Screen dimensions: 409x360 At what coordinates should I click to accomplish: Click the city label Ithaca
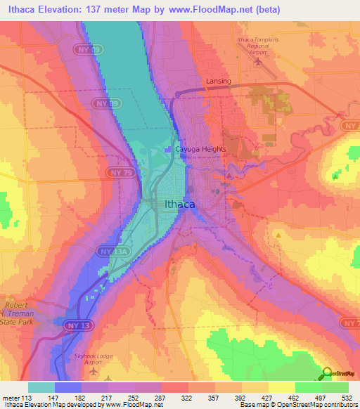180,205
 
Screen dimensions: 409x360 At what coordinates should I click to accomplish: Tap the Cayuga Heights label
200,150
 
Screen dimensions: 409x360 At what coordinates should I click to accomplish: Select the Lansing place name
218,82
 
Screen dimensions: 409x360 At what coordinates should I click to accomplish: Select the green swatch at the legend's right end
335,387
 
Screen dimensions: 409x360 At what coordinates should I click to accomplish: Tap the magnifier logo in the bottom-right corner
328,373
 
